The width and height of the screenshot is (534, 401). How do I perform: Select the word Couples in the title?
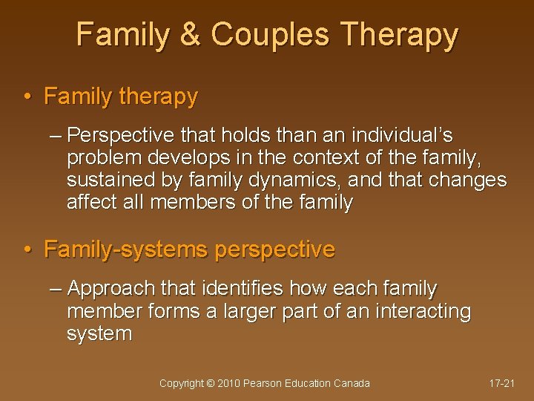[x=259, y=36]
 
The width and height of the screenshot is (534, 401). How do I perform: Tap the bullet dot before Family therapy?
[x=27, y=97]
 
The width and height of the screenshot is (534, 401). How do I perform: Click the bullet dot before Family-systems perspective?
[x=27, y=250]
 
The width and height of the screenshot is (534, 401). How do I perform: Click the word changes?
[x=465, y=181]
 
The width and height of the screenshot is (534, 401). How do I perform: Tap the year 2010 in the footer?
[x=229, y=383]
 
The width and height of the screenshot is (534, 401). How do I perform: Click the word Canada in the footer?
[x=352, y=383]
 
